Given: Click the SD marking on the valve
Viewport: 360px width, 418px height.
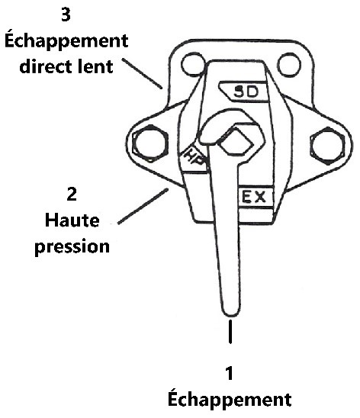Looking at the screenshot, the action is click(x=246, y=92).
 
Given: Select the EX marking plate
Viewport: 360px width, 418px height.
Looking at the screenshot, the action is click(x=255, y=197).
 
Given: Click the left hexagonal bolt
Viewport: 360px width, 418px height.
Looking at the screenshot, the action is click(x=150, y=143).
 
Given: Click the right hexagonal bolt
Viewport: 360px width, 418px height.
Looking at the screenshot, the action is click(x=327, y=146).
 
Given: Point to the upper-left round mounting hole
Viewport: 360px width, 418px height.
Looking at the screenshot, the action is click(x=193, y=65).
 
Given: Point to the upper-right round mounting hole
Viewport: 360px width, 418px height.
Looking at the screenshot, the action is click(x=289, y=65).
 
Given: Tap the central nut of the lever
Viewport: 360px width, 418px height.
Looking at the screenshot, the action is click(x=235, y=141).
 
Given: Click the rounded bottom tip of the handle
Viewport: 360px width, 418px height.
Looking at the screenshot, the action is click(x=231, y=310).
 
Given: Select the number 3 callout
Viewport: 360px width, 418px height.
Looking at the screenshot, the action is click(x=66, y=14).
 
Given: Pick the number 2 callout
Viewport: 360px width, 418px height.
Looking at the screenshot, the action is click(x=72, y=194).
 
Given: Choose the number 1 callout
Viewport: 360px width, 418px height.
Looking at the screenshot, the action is click(x=230, y=373).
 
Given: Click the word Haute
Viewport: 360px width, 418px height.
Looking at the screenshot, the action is click(x=72, y=220).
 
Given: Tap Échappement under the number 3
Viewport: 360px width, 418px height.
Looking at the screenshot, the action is click(x=66, y=40).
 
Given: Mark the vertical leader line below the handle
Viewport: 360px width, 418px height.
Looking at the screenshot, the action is click(x=230, y=331).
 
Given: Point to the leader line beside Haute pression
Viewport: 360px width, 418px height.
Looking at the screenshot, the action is click(x=143, y=206).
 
